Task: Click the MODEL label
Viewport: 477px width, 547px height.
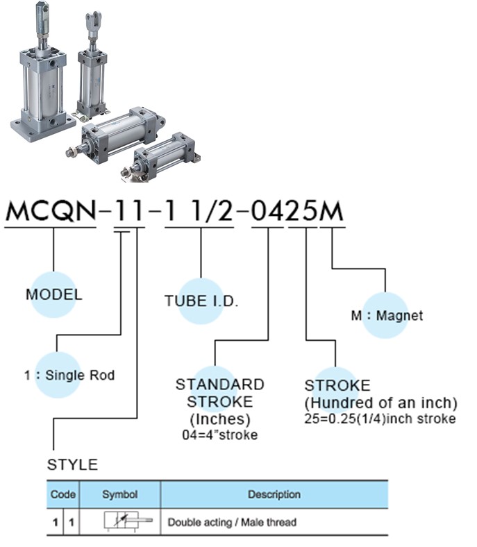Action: (x=53, y=294)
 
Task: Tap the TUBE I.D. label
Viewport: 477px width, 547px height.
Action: (x=201, y=301)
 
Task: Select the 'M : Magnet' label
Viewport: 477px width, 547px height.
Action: (x=387, y=316)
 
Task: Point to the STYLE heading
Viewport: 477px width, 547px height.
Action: (x=72, y=464)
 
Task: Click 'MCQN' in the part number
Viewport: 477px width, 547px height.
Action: (x=51, y=210)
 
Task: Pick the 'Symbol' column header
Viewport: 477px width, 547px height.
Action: (x=119, y=495)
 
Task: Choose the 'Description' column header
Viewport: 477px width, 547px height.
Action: (x=274, y=495)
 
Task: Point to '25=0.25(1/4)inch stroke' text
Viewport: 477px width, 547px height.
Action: (x=380, y=419)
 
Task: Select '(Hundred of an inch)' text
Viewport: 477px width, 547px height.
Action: (x=381, y=403)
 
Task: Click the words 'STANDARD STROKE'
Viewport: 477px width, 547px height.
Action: (x=219, y=393)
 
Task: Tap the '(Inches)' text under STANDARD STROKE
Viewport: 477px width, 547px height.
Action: (x=219, y=419)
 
